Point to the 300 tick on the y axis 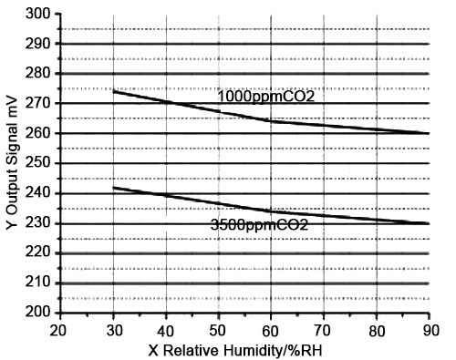pos(38,14)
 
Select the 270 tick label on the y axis pos(38,103)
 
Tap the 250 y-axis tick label pos(38,163)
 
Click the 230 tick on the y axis pos(38,223)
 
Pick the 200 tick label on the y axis pos(38,313)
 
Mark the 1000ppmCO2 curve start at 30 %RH pos(113,91)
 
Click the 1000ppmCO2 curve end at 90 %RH pos(429,133)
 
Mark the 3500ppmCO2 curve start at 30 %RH pos(113,188)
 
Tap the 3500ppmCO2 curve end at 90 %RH pos(429,223)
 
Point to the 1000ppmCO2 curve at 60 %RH pos(271,121)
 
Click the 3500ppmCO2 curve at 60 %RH pos(271,211)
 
